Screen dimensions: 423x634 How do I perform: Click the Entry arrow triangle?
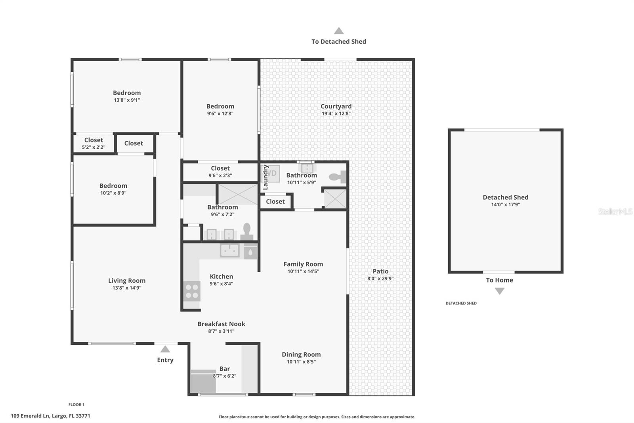(x=165, y=349)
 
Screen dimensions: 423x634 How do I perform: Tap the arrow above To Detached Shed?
(x=338, y=31)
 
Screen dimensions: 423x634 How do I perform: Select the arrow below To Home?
(x=500, y=291)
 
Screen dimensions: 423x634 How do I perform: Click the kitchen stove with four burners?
(x=192, y=291)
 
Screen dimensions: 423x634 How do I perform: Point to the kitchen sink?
(x=229, y=250)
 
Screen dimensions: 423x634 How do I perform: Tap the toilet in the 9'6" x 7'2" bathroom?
(x=247, y=232)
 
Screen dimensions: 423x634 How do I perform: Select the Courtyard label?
(x=336, y=106)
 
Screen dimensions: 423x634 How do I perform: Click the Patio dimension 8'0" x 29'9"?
(x=380, y=279)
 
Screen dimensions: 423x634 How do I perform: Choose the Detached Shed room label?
(x=505, y=197)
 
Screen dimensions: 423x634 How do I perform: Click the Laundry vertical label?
(x=265, y=177)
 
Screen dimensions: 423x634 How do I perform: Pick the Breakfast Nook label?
(x=221, y=324)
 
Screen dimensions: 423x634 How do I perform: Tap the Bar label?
(x=225, y=369)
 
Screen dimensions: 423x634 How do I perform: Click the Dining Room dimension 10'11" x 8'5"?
(x=301, y=361)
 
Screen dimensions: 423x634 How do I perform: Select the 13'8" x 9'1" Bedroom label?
(x=127, y=93)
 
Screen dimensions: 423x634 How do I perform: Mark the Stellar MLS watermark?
(x=615, y=211)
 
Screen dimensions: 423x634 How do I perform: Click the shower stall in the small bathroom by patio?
(x=335, y=198)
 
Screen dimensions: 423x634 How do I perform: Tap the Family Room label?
(x=303, y=264)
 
